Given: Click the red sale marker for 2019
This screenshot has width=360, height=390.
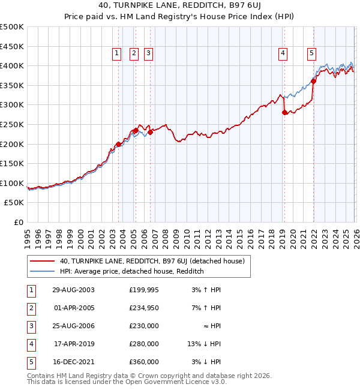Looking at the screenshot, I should click(x=284, y=112).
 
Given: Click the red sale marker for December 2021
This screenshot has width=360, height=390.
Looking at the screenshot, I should click(x=313, y=82).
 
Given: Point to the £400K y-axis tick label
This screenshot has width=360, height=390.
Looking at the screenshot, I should click(x=12, y=65).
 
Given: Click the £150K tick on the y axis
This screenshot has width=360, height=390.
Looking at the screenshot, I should click(x=12, y=163).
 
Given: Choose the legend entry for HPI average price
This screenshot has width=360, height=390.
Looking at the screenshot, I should click(x=132, y=271).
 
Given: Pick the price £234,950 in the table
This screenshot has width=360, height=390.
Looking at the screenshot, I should click(x=144, y=308).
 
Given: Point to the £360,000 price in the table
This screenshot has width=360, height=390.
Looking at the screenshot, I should click(x=144, y=362).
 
